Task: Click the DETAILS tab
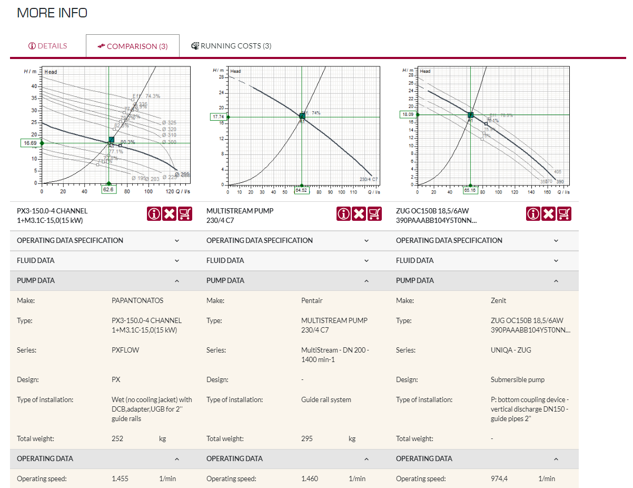pyautogui.click(x=48, y=46)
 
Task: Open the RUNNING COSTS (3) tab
pyautogui.click(x=231, y=46)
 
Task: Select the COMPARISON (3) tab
pyautogui.click(x=133, y=46)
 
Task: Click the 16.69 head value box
pyautogui.click(x=29, y=143)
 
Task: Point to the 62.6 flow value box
pyautogui.click(x=108, y=190)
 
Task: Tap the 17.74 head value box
pyautogui.click(x=219, y=117)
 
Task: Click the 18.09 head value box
pyautogui.click(x=408, y=114)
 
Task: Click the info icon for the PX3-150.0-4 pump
pyautogui.click(x=154, y=213)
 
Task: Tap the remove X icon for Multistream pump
pyautogui.click(x=359, y=213)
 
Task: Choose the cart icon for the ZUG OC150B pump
pyautogui.click(x=564, y=213)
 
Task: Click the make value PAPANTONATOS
pyautogui.click(x=137, y=300)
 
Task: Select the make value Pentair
pyautogui.click(x=312, y=300)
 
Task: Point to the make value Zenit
pyautogui.click(x=498, y=300)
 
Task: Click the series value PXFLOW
pyautogui.click(x=125, y=350)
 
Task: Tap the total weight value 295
pyautogui.click(x=307, y=438)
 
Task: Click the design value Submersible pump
pyautogui.click(x=517, y=379)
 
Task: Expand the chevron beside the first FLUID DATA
pyautogui.click(x=177, y=261)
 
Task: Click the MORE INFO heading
pyautogui.click(x=52, y=13)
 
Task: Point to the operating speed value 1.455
pyautogui.click(x=120, y=479)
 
